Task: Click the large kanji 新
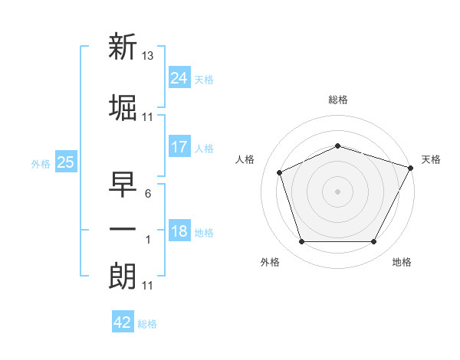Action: (123, 46)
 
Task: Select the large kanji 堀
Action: (123, 108)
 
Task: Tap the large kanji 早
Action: (123, 185)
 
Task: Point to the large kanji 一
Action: (123, 229)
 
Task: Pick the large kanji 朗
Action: (123, 277)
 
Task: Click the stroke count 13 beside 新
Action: (147, 56)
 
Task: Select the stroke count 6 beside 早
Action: (148, 194)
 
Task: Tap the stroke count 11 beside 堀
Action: (147, 117)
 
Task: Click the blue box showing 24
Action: (179, 77)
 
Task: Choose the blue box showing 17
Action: (179, 146)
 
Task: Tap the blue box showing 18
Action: (179, 230)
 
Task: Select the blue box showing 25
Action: (66, 162)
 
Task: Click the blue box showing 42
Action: (123, 321)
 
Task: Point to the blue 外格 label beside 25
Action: (41, 164)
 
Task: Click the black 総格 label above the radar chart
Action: (338, 100)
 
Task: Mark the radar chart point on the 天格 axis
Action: (411, 168)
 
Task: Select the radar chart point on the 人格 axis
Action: (280, 172)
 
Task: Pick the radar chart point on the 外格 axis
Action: (302, 241)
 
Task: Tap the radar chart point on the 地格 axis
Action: (374, 241)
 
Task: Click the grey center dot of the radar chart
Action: (337, 191)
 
